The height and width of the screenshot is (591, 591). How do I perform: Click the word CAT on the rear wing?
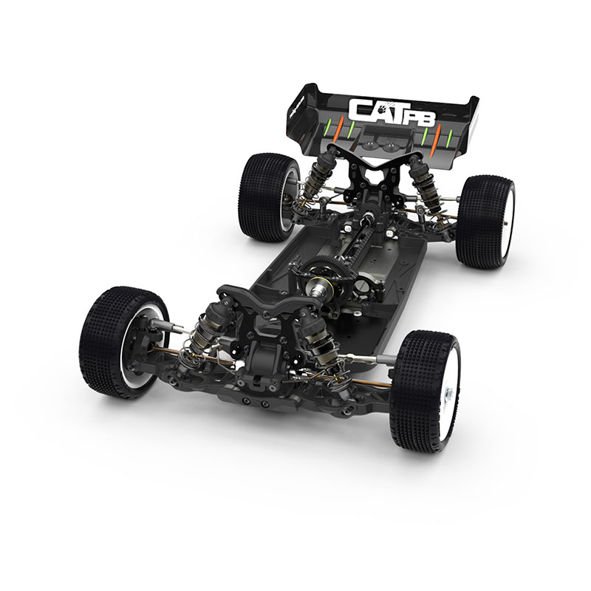point(375,109)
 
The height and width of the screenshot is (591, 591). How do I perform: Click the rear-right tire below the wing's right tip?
point(483,222)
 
